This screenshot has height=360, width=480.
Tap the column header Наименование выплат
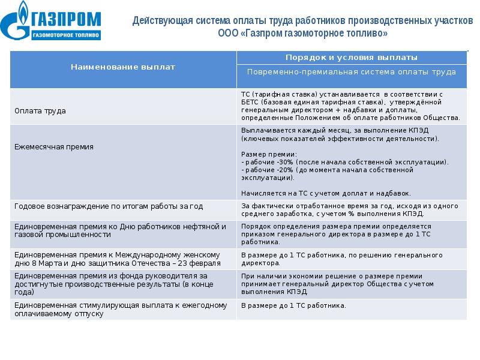coord(123,67)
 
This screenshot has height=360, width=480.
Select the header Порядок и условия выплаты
coord(351,57)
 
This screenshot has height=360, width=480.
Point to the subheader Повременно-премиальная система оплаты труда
coord(351,72)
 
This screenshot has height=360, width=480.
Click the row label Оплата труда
coord(40,111)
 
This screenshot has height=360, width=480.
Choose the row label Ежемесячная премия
coord(53,146)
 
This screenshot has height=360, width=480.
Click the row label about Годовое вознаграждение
coord(108,206)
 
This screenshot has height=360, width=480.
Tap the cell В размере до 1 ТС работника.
coord(293,306)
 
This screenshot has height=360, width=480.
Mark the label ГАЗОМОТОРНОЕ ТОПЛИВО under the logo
coord(67,36)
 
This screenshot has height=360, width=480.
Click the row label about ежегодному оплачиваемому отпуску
coord(119,309)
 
